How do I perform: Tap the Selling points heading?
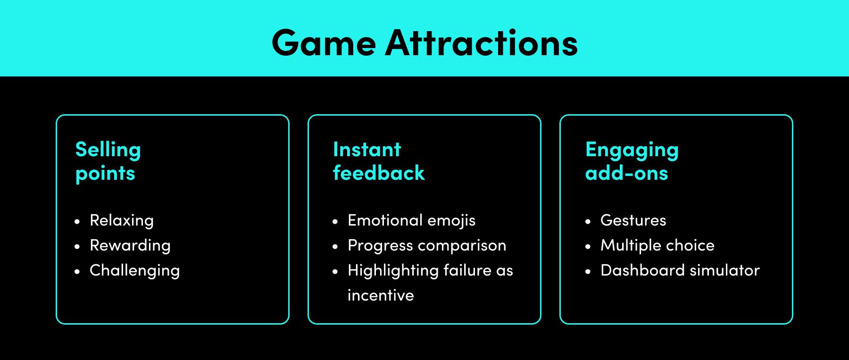click(x=108, y=161)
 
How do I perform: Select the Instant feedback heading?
click(x=379, y=161)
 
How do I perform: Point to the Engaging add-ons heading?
click(x=632, y=161)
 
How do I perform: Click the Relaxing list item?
click(x=122, y=220)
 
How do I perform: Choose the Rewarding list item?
click(x=130, y=245)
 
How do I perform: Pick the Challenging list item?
click(x=135, y=270)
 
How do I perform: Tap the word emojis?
click(x=451, y=220)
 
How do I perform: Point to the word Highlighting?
click(x=393, y=270)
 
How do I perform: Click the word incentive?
click(x=381, y=295)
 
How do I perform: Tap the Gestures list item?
click(x=633, y=220)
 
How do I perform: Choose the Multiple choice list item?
click(x=658, y=245)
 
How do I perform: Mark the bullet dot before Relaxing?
click(x=77, y=221)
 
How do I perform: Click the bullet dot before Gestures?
click(x=588, y=221)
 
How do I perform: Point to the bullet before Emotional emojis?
click(x=335, y=221)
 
